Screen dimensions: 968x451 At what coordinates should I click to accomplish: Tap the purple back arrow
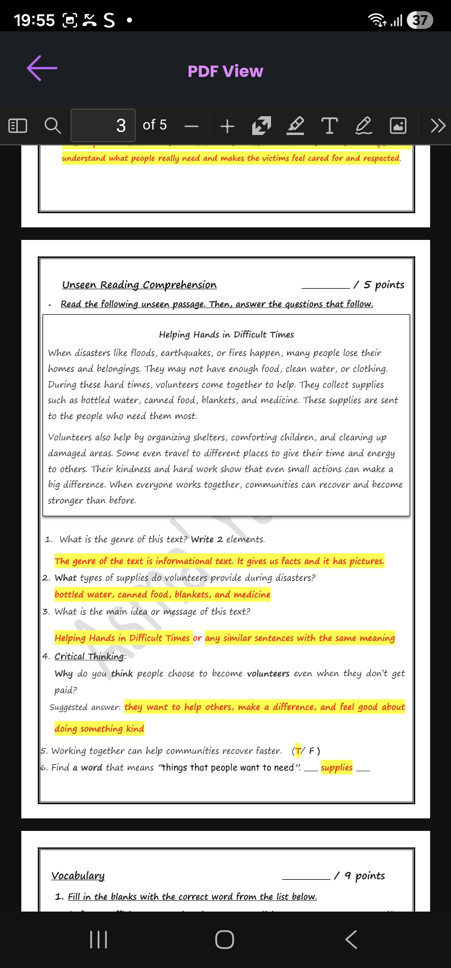click(42, 68)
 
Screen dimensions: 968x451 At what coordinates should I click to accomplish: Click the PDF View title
click(225, 71)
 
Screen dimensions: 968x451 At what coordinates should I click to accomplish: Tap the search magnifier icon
click(53, 125)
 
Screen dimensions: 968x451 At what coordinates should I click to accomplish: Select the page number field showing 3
click(103, 125)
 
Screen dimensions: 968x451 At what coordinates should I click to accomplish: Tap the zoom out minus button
click(191, 126)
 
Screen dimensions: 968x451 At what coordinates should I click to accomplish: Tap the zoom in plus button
click(227, 126)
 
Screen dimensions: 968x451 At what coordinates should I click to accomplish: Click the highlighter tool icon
click(295, 125)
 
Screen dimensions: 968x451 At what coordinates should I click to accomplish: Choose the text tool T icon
click(329, 125)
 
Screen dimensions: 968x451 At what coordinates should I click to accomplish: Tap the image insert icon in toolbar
click(398, 125)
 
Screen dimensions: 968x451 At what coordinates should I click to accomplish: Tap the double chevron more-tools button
click(438, 125)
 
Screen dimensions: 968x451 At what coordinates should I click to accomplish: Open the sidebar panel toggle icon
click(18, 125)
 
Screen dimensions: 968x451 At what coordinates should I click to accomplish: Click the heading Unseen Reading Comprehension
click(139, 285)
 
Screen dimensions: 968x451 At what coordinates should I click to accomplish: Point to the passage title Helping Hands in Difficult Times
click(226, 334)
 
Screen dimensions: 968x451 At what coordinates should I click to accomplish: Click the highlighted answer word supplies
click(337, 767)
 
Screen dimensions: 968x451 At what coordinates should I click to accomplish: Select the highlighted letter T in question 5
click(298, 751)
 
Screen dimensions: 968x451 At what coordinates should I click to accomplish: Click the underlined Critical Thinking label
click(89, 656)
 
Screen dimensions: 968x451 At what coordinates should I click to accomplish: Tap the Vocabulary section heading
click(78, 876)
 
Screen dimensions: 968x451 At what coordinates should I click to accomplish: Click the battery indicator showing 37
click(420, 20)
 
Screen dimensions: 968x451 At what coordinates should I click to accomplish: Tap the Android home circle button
click(225, 940)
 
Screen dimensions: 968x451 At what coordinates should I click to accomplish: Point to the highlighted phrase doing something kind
click(99, 729)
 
